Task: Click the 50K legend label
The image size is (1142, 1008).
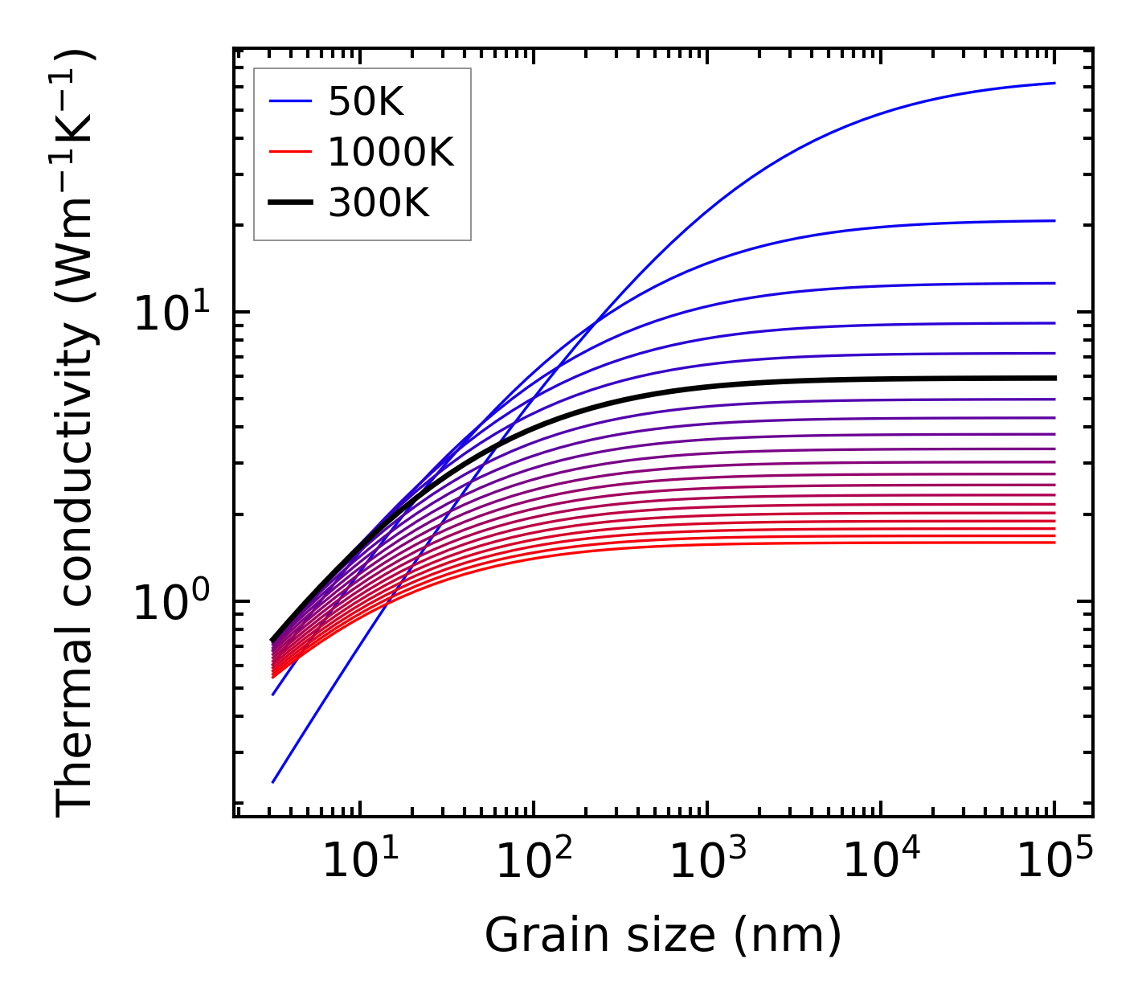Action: pos(366,102)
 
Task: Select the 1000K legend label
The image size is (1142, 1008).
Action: pos(391,152)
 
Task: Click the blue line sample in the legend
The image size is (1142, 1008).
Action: pos(289,101)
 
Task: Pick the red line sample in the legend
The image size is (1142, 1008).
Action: pos(289,152)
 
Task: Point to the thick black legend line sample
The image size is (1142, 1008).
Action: pos(289,203)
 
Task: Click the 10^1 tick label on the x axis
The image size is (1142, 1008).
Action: pos(359,863)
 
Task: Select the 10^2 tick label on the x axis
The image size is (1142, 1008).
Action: pos(533,863)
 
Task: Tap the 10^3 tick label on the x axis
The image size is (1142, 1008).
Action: pos(706,863)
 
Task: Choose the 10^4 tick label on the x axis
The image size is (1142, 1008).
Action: pos(880,863)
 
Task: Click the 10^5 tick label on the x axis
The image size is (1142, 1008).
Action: pos(1054,863)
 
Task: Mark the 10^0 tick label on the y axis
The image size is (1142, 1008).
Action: pos(170,604)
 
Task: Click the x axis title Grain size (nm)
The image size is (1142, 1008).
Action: pos(663,936)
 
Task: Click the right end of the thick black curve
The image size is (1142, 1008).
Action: pos(1054,378)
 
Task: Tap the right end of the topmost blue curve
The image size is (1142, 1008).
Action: pos(1054,83)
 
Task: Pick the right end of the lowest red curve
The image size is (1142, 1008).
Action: pos(1054,543)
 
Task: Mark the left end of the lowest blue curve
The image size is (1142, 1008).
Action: pos(273,781)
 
